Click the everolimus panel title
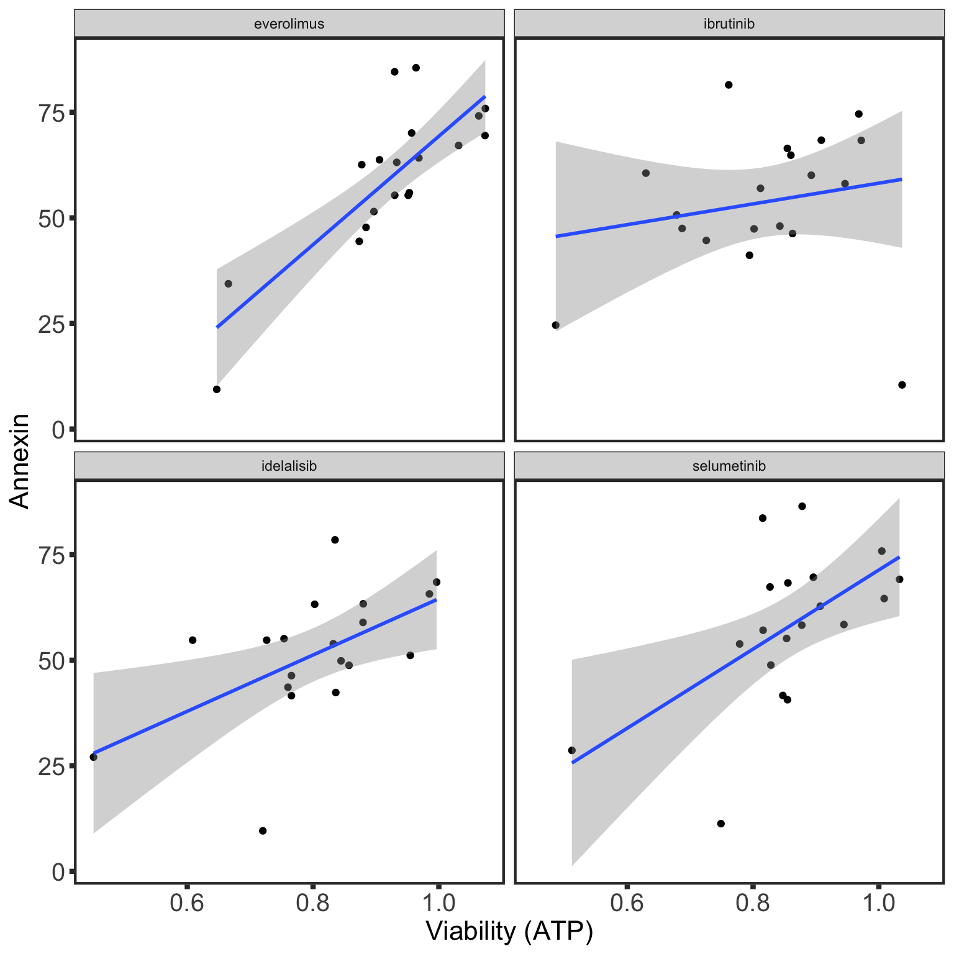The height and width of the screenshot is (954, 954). [289, 24]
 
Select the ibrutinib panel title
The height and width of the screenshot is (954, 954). [729, 24]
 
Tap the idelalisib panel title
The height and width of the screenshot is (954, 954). [289, 466]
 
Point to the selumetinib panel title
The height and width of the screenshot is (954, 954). [729, 466]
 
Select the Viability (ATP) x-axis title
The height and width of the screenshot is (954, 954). [509, 931]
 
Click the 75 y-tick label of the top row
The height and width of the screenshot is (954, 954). [52, 112]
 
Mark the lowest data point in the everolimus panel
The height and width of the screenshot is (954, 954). [217, 389]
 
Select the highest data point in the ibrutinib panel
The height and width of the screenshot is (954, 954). [729, 85]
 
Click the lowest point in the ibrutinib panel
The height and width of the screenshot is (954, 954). [902, 385]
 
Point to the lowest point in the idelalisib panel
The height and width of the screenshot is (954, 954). [263, 831]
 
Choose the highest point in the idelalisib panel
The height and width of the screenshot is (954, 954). [335, 540]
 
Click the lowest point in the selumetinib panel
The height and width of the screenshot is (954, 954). [721, 824]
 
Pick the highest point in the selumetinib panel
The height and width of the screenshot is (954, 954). [802, 506]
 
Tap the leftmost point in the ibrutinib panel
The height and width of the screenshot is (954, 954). [556, 325]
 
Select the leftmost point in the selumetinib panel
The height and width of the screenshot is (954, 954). [572, 750]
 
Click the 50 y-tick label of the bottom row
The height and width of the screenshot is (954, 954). [52, 660]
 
